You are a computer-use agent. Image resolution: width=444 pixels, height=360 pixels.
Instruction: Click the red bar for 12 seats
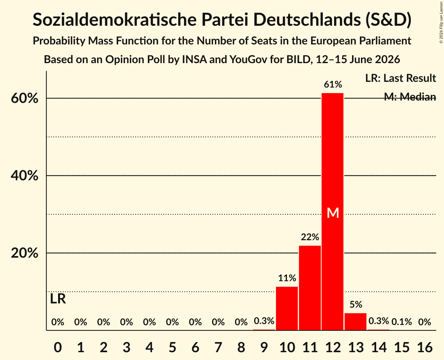(333, 212)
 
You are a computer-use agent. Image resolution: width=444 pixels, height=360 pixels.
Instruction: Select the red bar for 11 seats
(310, 288)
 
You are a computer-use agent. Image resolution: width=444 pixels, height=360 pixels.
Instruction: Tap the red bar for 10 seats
(287, 309)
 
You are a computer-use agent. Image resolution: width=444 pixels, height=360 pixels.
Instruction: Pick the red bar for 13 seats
(356, 321)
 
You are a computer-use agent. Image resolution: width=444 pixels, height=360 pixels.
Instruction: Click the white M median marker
(333, 213)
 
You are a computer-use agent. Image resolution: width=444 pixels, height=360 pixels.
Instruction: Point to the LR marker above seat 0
(58, 299)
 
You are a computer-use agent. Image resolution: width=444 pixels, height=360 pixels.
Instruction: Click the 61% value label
(333, 84)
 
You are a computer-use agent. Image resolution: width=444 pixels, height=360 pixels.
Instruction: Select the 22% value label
(310, 237)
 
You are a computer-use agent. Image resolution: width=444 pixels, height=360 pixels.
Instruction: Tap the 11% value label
(287, 278)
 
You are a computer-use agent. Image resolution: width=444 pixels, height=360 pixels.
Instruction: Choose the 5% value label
(356, 305)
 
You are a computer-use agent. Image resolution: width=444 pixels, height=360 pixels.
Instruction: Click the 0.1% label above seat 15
(402, 322)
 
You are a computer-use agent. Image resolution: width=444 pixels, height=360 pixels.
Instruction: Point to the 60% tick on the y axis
(24, 99)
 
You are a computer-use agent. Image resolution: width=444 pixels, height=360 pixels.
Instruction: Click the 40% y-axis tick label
(24, 176)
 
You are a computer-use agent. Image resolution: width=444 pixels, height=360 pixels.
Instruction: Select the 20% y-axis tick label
(24, 253)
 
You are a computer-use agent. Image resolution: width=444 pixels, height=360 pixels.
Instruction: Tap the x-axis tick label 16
(425, 347)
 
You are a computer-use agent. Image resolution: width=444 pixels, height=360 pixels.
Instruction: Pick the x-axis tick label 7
(218, 347)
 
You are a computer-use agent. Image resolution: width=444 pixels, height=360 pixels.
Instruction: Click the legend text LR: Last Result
(400, 78)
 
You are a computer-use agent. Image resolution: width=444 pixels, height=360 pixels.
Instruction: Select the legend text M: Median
(410, 97)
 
